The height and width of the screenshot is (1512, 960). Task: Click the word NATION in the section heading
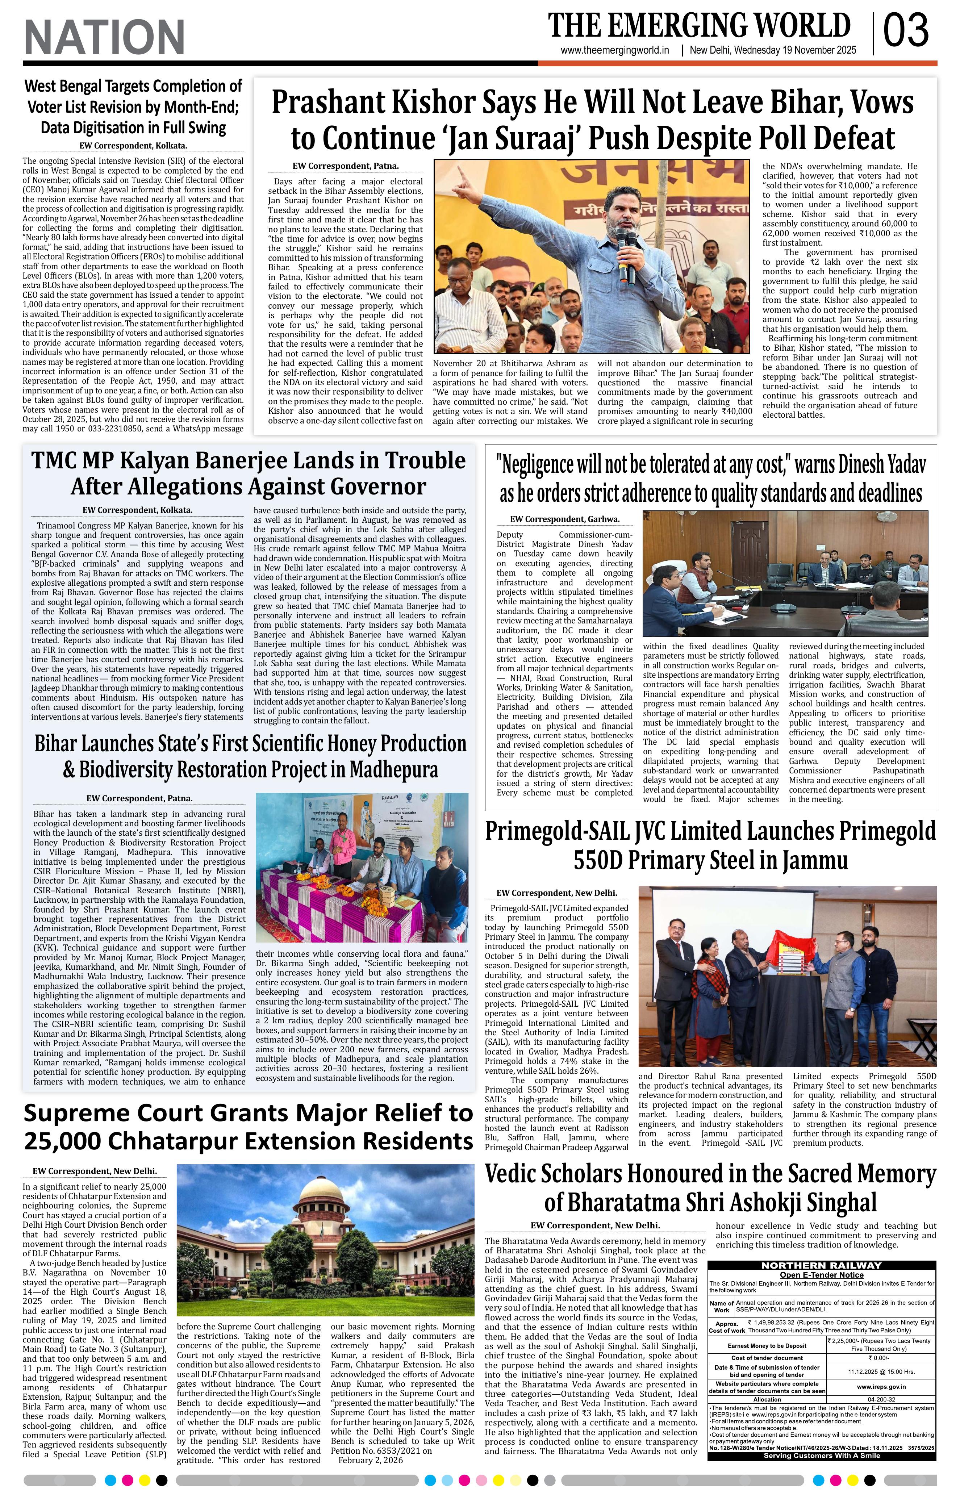(104, 37)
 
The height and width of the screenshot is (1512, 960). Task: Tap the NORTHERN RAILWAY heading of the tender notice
(821, 1265)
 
